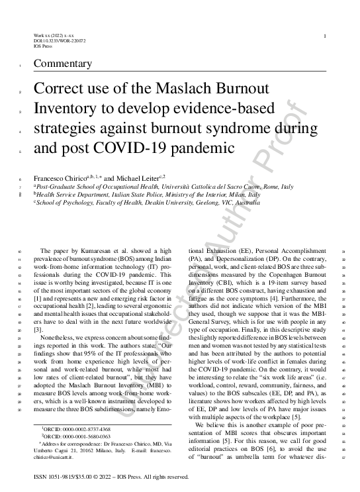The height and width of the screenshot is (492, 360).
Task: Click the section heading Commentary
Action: tap(66, 64)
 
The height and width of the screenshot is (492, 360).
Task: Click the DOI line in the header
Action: tap(59, 40)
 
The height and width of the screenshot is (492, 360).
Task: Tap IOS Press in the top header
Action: tap(42, 46)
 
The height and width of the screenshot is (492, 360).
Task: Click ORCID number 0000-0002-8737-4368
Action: tap(78, 430)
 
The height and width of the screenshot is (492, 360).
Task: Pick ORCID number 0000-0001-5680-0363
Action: tap(78, 437)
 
